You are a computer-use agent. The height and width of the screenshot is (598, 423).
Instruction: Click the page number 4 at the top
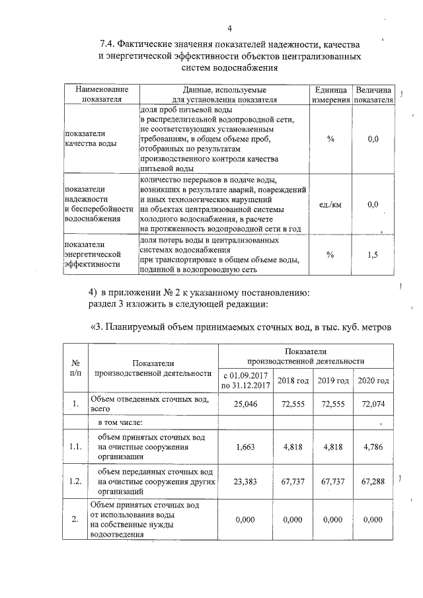[x=229, y=28]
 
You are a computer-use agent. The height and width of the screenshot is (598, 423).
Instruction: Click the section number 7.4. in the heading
[x=108, y=45]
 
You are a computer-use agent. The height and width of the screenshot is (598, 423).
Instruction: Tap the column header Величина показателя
[x=373, y=94]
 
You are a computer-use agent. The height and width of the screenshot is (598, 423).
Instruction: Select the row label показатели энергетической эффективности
[x=92, y=254]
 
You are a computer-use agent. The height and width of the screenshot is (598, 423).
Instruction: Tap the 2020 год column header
[x=373, y=381]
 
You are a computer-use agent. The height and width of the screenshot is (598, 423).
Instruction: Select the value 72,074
[x=373, y=404]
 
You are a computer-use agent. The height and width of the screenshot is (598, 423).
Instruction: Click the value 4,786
[x=373, y=447]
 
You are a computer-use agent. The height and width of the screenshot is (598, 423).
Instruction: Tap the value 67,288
[x=373, y=482]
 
